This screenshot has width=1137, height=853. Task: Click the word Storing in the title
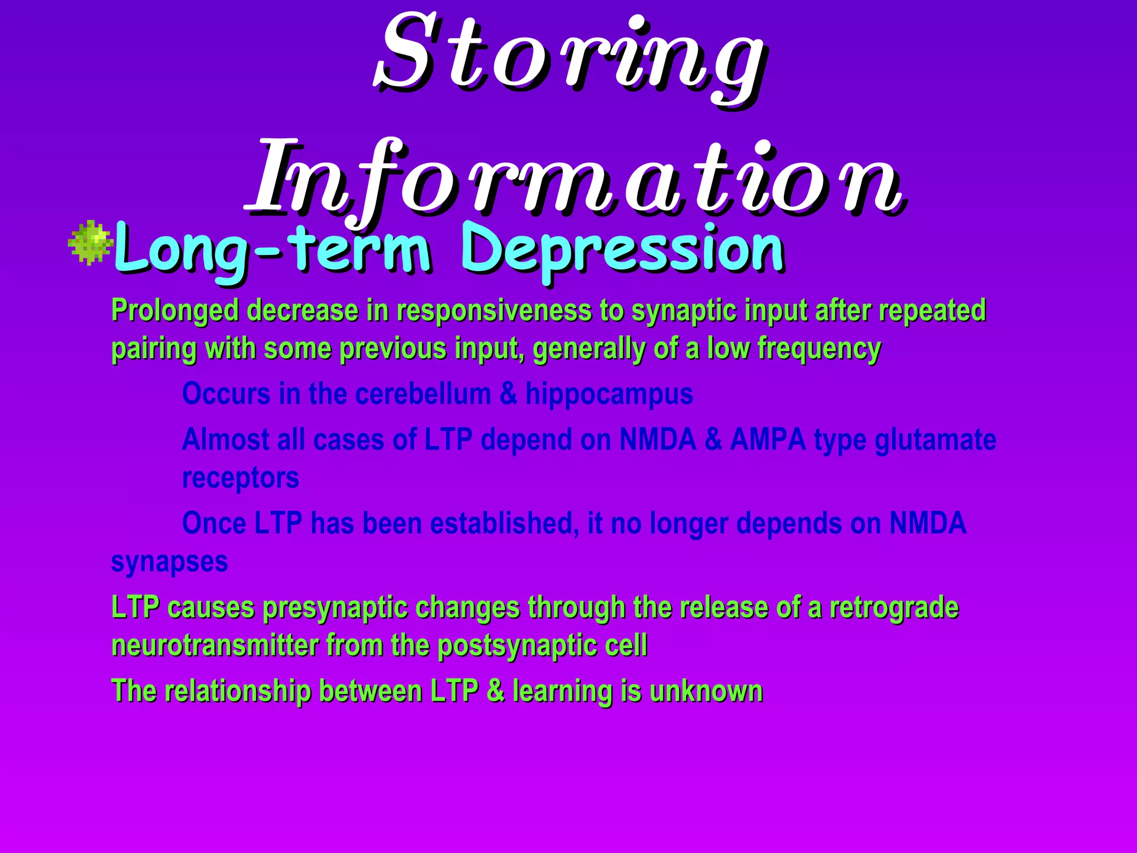click(569, 56)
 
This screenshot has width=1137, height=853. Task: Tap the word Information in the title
click(575, 178)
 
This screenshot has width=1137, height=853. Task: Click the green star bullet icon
click(89, 242)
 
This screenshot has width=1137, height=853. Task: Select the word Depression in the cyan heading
click(622, 250)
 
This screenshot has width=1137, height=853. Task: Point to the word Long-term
click(272, 250)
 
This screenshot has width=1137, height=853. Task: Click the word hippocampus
click(609, 394)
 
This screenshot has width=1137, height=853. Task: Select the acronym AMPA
click(767, 440)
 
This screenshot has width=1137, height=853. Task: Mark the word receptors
click(240, 478)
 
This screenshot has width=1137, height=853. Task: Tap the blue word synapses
click(169, 561)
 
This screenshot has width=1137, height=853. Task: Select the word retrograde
click(894, 607)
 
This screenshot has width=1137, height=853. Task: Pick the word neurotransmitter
click(214, 645)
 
